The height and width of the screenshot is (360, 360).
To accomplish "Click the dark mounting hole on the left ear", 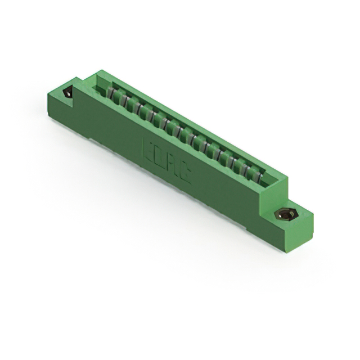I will (x=68, y=93).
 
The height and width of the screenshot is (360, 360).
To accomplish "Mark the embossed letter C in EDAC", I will (x=185, y=174).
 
